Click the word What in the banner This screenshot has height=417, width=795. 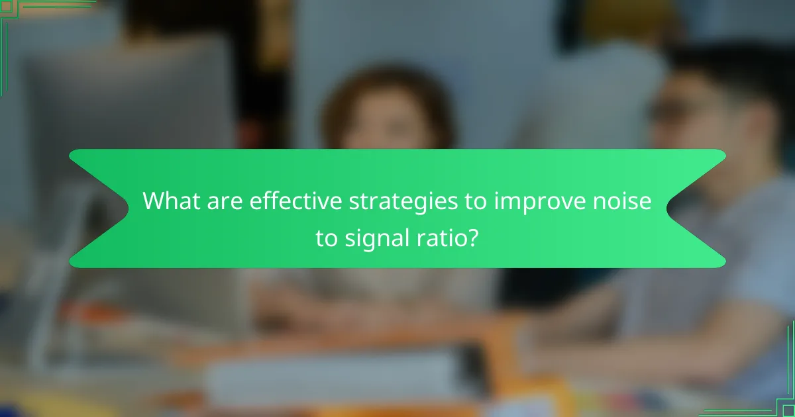170,201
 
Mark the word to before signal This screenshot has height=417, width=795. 327,237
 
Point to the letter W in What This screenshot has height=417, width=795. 154,201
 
